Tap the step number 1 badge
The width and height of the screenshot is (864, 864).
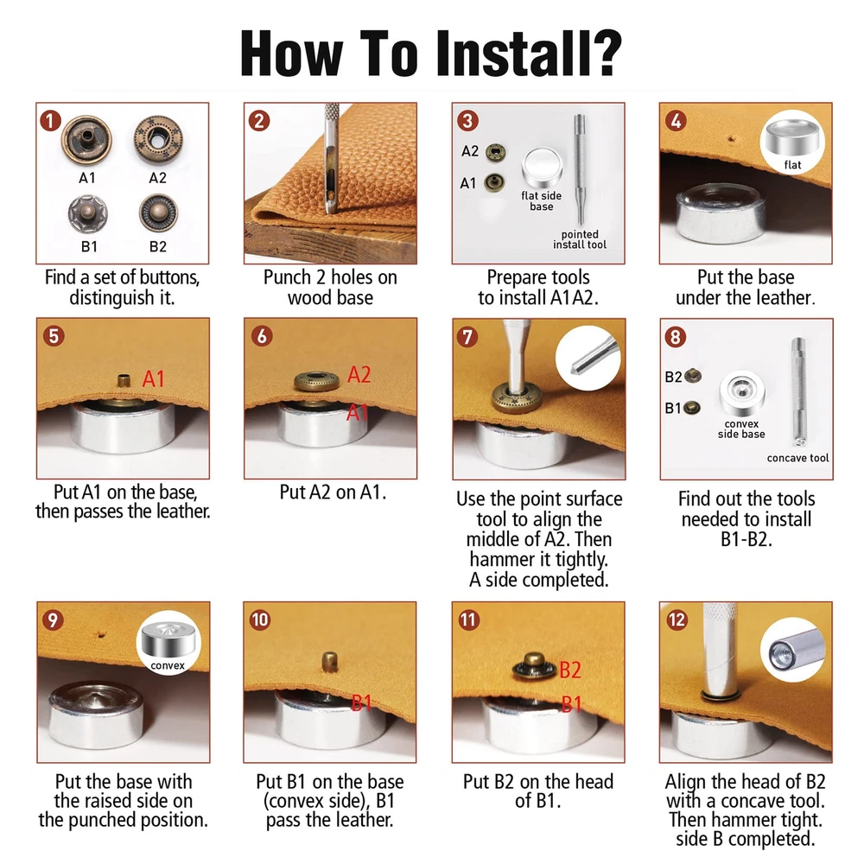[x=50, y=121]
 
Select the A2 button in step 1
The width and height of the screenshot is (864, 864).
[x=159, y=139]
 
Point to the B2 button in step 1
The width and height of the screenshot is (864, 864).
[x=158, y=213]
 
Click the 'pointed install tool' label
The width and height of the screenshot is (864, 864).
[x=580, y=239]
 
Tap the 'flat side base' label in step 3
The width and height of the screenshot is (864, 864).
[x=541, y=201]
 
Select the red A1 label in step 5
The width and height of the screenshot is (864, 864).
[x=153, y=379]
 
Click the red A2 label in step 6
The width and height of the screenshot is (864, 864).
[x=359, y=375]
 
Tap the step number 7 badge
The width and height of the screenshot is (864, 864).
[x=467, y=337]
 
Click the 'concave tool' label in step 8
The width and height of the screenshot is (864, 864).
[x=797, y=458]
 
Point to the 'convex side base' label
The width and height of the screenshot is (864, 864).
[x=741, y=429]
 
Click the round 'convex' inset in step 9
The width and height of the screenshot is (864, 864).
[x=168, y=643]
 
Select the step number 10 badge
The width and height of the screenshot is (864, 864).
[x=259, y=619]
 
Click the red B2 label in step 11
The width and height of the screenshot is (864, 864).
[x=569, y=670]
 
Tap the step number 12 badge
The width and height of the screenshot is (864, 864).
[x=677, y=619]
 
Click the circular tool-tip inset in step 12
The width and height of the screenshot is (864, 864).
[x=792, y=651]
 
